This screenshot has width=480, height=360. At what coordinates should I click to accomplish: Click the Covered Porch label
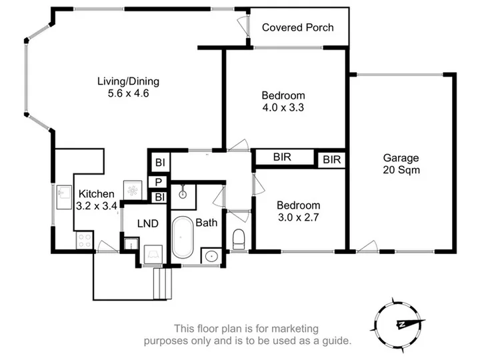(297, 27)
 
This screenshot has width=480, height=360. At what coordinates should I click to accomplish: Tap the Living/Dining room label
(128, 81)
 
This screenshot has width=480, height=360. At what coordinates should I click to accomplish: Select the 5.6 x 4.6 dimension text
(128, 93)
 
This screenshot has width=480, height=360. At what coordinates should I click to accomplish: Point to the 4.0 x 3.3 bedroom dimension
(283, 107)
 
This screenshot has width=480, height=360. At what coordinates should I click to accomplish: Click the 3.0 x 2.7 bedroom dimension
(299, 217)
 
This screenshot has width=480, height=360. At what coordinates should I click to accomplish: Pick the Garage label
(401, 158)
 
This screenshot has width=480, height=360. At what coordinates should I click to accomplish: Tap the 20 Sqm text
(401, 170)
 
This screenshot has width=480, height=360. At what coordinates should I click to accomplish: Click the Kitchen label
(97, 194)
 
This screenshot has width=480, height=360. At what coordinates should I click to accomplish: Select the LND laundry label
(148, 223)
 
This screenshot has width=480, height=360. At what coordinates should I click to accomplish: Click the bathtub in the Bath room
(183, 237)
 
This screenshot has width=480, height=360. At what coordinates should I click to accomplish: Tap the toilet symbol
(239, 239)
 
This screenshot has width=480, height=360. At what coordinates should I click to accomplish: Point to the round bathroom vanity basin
(211, 256)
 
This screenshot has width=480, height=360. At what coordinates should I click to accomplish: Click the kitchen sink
(64, 197)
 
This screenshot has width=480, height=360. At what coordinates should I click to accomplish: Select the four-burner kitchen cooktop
(85, 240)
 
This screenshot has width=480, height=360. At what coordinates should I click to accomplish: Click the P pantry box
(158, 182)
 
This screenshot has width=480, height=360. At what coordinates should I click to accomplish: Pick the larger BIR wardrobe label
(282, 157)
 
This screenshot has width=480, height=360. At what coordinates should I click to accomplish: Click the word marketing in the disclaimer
(295, 329)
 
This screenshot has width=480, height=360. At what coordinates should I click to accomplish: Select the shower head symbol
(183, 191)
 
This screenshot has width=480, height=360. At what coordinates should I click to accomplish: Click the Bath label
(206, 223)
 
